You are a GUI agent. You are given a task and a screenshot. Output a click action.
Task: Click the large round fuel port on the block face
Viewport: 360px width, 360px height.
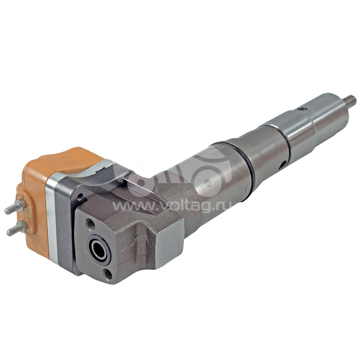[x=99, y=249]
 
